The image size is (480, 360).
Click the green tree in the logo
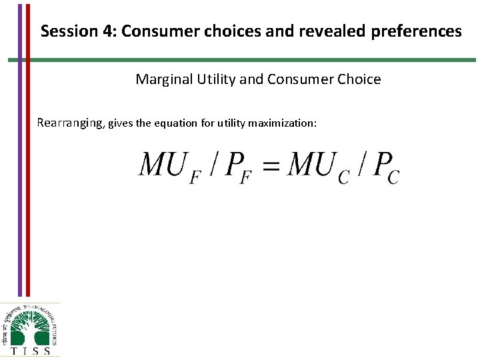[x=31, y=326]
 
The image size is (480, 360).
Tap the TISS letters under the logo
[x=31, y=350]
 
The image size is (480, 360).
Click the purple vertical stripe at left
[x=20, y=147]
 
